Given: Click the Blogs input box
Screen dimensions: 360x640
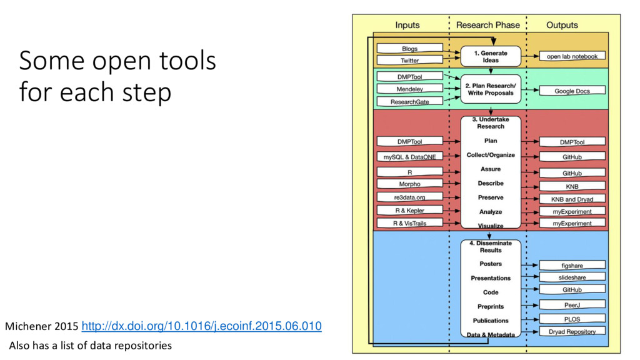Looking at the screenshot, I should (x=409, y=49).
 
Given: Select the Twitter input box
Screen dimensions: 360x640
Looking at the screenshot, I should (x=409, y=61).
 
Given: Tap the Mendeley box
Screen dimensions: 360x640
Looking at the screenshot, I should (x=409, y=89).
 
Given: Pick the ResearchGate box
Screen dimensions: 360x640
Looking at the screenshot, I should (x=409, y=101).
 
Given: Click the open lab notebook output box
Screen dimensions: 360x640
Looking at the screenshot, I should (x=572, y=56).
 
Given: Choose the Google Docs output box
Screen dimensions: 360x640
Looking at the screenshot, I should (x=572, y=91).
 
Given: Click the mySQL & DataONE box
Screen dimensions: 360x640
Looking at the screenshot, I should (x=409, y=157).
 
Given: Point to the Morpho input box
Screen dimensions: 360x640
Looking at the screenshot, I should (x=409, y=184).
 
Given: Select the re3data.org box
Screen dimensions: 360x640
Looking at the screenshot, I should (x=409, y=197).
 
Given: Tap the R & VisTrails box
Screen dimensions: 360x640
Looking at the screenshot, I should (x=409, y=223).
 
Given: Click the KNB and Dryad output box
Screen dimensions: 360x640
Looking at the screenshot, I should (x=572, y=199).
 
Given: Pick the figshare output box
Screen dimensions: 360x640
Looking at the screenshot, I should (x=572, y=266).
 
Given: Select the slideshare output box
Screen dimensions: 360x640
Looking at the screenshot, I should (x=572, y=277).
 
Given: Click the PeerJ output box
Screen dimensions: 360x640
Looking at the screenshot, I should (x=572, y=304).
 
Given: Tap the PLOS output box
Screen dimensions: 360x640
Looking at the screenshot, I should (x=572, y=319).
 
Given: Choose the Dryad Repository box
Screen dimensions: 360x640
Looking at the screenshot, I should (x=572, y=331).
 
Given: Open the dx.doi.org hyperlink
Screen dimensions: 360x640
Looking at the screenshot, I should (x=202, y=326).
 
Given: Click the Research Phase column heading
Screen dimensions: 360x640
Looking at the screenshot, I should (x=487, y=25).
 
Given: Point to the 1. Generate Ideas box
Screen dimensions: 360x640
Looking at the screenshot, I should (x=491, y=57).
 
